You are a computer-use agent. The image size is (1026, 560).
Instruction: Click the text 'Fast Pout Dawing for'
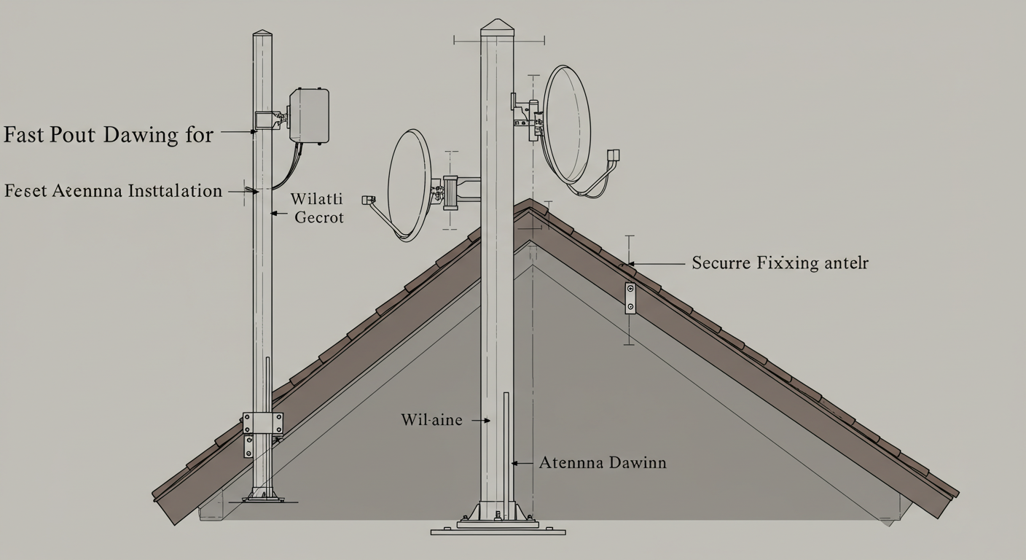coord(108,135)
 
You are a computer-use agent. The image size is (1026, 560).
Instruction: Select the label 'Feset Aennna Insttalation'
coord(113,192)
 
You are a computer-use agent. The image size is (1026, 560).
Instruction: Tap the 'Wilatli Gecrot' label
coord(317,208)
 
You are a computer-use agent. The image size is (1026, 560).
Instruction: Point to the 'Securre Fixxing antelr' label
coord(780,263)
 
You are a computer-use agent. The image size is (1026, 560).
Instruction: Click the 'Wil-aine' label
coord(431,420)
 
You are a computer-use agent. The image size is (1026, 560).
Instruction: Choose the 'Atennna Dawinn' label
coord(602,462)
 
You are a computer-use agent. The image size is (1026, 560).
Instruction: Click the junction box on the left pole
coord(309,115)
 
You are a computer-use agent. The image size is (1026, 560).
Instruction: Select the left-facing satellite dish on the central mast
coord(410,185)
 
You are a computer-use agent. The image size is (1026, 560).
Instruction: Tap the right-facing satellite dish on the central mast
coord(567,124)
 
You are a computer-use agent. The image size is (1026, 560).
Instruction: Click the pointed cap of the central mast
coord(497,25)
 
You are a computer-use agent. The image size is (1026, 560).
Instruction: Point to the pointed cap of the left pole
coord(262,34)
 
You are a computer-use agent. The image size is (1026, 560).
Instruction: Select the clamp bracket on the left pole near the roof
coord(262,424)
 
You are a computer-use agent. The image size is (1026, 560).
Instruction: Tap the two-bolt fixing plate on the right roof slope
coord(630,298)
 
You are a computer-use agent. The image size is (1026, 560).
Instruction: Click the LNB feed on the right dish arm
coord(614,155)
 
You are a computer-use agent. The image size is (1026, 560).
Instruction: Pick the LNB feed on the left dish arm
coord(368,199)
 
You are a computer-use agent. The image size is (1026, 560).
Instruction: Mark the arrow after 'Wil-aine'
coord(480,421)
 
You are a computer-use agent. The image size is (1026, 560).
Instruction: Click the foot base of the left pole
coord(263,497)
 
